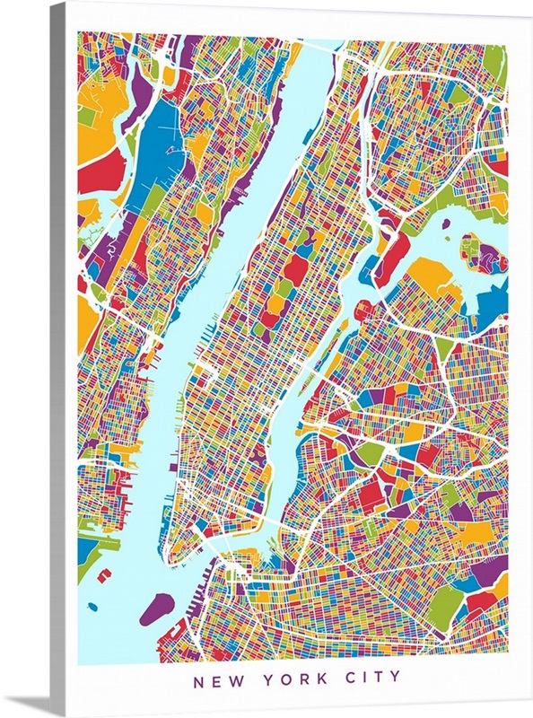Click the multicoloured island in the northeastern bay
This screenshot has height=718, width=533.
point(484,253)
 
